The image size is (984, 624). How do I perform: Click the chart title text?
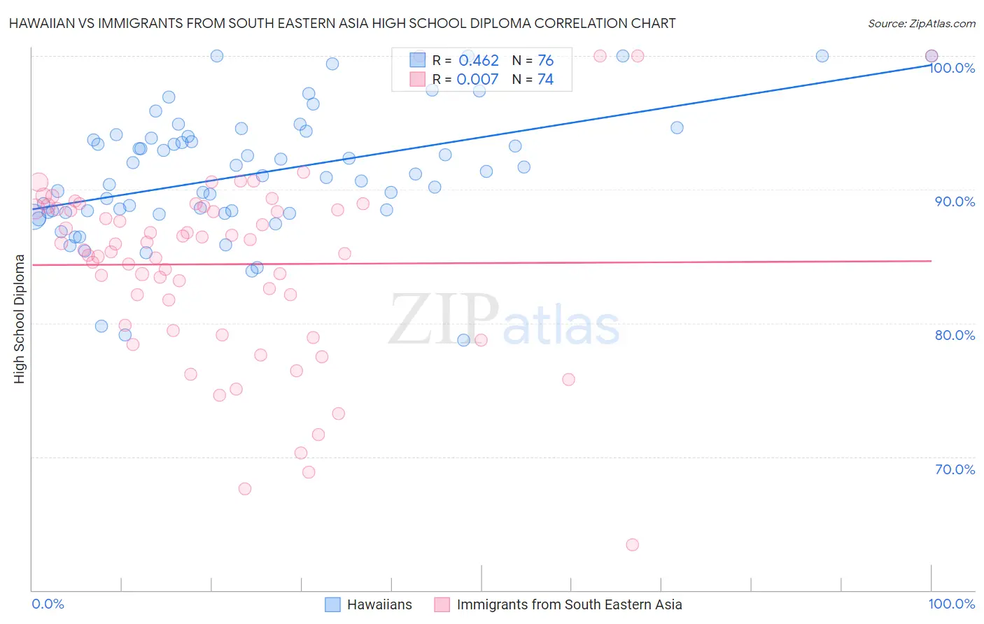[342, 23]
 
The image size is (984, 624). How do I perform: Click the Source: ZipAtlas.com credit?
[921, 23]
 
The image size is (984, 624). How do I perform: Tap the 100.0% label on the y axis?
[952, 68]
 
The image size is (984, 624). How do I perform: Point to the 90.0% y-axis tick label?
[955, 201]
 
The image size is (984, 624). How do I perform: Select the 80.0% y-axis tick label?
[955, 335]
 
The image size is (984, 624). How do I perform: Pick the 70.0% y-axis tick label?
[955, 469]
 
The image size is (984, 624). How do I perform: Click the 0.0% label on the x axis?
[48, 604]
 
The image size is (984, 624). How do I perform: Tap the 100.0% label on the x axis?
[951, 604]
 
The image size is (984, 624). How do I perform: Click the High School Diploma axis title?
[20, 318]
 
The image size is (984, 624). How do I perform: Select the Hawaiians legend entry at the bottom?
[379, 604]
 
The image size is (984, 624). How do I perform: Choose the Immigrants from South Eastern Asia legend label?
[569, 604]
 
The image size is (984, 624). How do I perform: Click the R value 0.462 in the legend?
[479, 61]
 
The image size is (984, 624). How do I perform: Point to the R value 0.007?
[477, 80]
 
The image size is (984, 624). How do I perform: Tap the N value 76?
[545, 61]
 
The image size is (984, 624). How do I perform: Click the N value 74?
[545, 80]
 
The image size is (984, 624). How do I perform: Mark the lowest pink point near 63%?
[633, 545]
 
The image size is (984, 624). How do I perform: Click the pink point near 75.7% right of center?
[568, 380]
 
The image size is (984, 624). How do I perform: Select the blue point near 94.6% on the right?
[677, 127]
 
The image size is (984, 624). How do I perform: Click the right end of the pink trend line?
[932, 261]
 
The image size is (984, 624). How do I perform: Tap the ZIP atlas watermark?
[505, 320]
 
